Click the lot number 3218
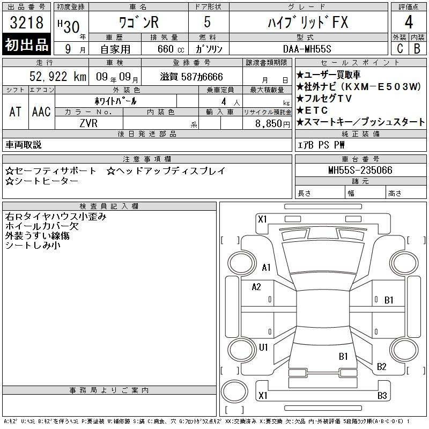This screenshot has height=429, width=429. pos(26,22)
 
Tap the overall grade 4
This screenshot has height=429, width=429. pos(409,22)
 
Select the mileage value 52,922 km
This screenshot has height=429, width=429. pos(58,76)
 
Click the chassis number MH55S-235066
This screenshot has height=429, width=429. pos(360,170)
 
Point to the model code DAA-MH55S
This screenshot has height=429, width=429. pos(307,49)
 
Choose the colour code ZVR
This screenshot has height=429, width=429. pos(88,123)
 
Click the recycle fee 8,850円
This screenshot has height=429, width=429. pos(272,124)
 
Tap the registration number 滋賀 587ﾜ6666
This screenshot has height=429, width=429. pos(191,77)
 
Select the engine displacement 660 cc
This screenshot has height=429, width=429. pos(171,49)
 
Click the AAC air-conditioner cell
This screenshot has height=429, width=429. pos(41,112)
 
